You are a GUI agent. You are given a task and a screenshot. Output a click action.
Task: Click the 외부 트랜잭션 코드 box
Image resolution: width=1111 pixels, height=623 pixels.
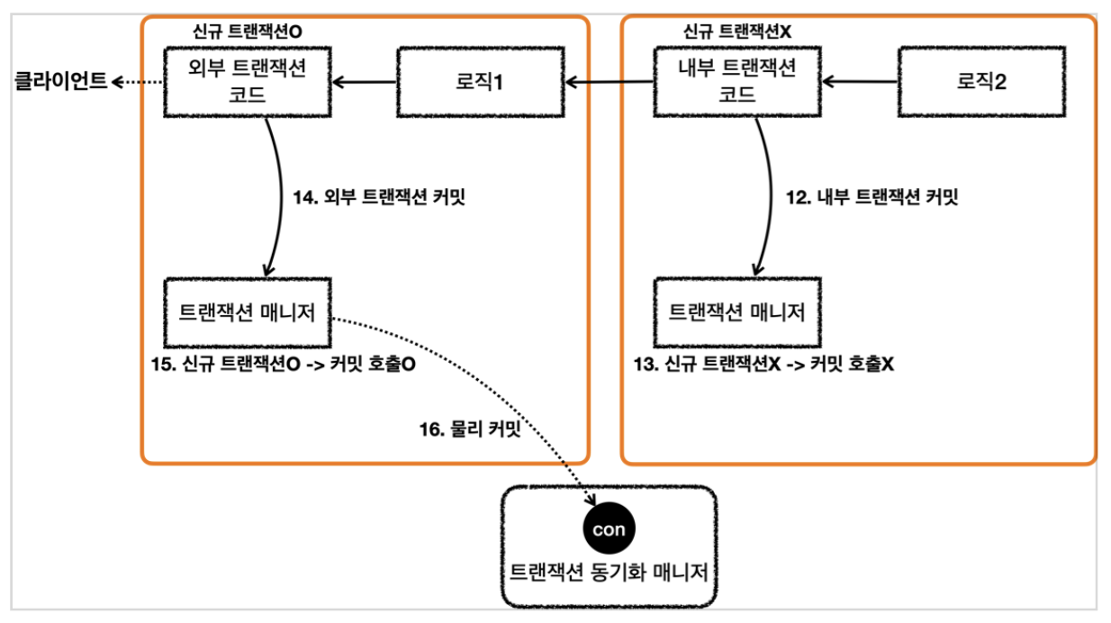(x=247, y=82)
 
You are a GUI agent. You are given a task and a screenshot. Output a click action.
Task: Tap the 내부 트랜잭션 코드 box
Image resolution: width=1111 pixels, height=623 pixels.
(x=737, y=82)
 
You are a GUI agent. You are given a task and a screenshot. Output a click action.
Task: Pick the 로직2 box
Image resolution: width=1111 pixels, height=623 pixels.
(x=981, y=82)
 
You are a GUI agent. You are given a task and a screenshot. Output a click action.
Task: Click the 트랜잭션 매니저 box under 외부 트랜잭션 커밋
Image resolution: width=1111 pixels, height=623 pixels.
(x=247, y=312)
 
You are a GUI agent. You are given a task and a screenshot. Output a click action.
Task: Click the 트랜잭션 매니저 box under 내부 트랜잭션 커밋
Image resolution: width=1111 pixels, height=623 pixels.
(x=737, y=312)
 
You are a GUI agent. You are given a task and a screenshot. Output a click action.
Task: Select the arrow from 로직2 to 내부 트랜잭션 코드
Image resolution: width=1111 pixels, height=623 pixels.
(x=861, y=83)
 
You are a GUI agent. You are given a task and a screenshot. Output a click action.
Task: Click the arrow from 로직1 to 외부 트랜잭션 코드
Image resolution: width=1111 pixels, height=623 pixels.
(x=364, y=83)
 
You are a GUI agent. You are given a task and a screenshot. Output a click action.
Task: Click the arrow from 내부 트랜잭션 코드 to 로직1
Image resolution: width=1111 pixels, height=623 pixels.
(x=608, y=83)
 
